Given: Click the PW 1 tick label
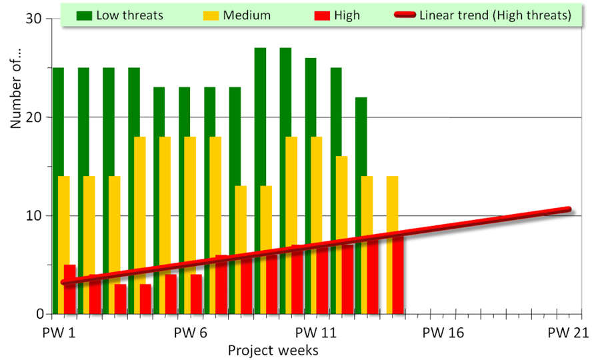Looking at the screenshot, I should [x=61, y=333].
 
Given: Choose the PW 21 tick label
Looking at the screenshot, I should [x=567, y=333].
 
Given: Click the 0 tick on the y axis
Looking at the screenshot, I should [x=40, y=314].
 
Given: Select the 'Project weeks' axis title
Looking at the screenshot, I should [x=273, y=350].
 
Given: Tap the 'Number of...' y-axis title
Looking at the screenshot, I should [x=18, y=93].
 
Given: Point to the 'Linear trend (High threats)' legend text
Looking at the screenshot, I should [x=495, y=15].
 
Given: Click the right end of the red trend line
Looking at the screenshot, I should [x=569, y=209].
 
